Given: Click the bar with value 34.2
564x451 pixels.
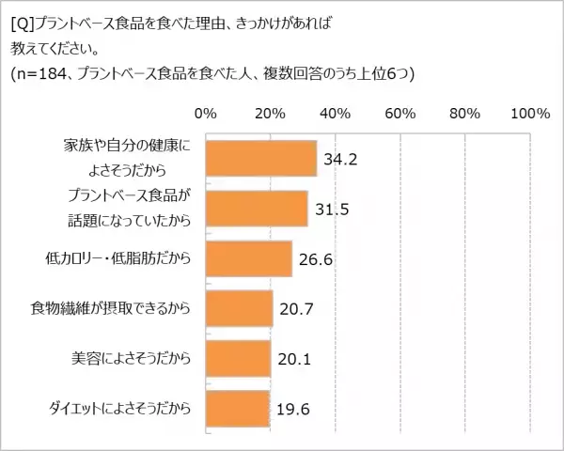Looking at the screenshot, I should click(260, 159).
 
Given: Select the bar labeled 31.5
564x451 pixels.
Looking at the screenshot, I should click(256, 209).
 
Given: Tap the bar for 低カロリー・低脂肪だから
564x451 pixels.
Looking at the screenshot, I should click(248, 258).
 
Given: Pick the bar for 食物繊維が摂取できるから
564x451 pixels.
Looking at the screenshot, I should click(239, 308).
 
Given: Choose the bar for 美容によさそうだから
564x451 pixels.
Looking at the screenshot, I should click(238, 358).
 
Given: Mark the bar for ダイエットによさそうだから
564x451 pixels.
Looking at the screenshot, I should click(237, 407).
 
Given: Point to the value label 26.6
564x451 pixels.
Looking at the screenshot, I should click(315, 258).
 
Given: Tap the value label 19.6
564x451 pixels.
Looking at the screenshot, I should click(293, 408).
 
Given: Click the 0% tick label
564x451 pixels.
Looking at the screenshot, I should click(205, 114).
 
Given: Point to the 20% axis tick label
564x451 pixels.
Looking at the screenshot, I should click(271, 114).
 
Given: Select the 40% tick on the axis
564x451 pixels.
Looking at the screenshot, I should click(336, 114).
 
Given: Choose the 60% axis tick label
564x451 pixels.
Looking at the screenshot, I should click(400, 114).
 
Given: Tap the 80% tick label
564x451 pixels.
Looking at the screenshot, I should click(465, 114).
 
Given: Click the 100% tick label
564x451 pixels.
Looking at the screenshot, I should click(530, 114).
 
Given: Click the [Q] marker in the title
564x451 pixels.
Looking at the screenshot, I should click(21, 16).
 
